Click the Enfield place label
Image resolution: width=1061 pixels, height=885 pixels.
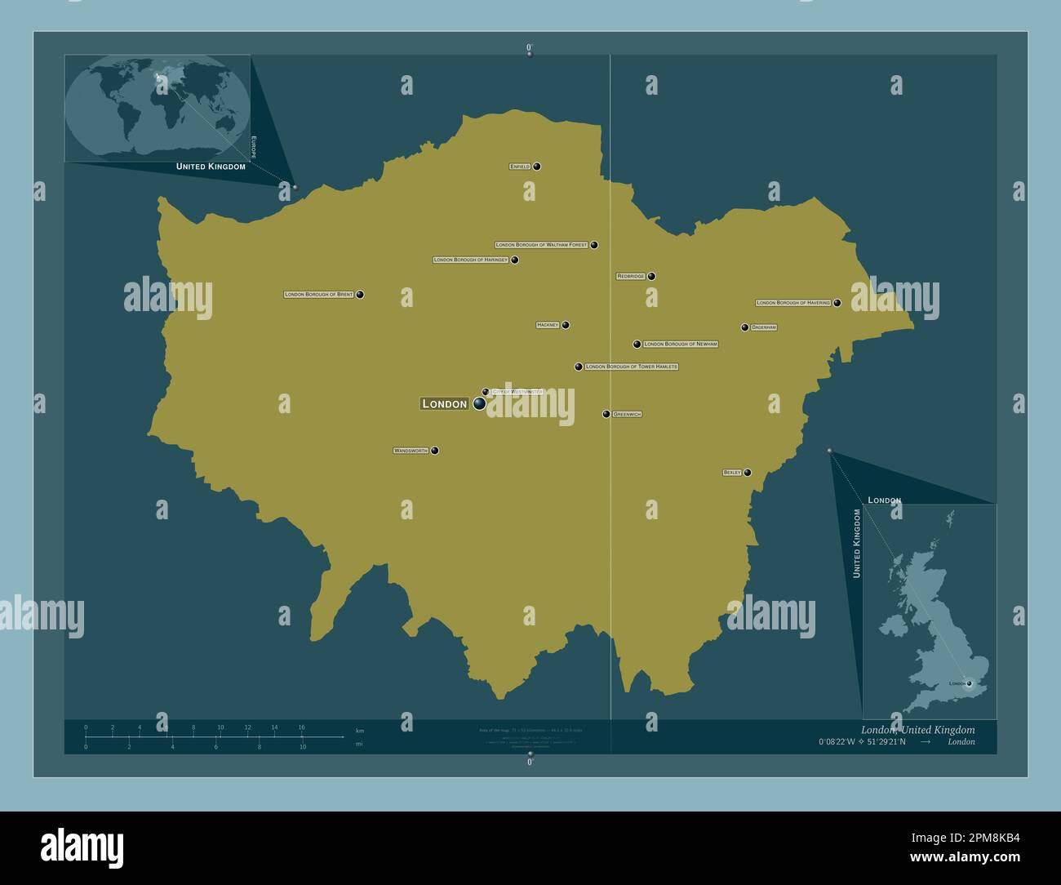520,167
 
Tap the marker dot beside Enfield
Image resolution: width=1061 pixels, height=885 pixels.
537,167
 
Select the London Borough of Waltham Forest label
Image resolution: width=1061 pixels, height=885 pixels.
542,245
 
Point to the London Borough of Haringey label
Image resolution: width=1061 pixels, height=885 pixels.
471,260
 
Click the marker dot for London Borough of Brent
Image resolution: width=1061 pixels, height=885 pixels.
360,295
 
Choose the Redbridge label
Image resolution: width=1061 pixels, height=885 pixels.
631,276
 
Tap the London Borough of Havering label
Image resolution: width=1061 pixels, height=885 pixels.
793,303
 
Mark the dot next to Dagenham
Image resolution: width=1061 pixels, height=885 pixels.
744,327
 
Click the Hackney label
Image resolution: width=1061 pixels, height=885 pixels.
548,325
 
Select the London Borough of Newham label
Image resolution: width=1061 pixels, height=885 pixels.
681,345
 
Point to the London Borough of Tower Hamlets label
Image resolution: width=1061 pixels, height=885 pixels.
632,367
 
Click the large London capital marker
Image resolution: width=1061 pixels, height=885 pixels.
479,403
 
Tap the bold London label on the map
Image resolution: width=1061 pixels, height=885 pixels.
444,403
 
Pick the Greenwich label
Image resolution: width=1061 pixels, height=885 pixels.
627,415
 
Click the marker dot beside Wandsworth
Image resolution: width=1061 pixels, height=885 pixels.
435,451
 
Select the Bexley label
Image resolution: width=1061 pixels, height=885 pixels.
732,473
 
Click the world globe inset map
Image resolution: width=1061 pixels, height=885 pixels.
158,109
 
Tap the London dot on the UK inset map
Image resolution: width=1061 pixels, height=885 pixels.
969,683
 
